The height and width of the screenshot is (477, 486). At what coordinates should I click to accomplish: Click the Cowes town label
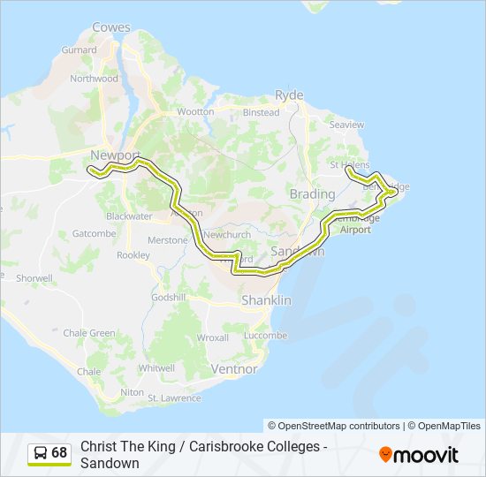(x=110, y=27)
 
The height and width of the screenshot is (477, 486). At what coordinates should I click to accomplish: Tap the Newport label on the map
(x=115, y=155)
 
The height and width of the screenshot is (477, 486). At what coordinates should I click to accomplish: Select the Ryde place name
(x=289, y=95)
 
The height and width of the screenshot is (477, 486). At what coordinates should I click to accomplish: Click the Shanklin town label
(x=266, y=301)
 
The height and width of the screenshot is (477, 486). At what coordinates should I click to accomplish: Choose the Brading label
(x=312, y=193)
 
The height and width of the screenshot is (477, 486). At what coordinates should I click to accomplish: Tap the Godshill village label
(x=168, y=297)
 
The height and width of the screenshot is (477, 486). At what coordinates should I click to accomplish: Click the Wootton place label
(x=195, y=112)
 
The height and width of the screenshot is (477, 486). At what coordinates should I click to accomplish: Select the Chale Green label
(x=89, y=333)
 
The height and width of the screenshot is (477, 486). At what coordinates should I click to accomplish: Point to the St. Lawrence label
(x=174, y=398)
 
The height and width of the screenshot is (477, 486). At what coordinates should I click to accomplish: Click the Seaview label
(x=346, y=125)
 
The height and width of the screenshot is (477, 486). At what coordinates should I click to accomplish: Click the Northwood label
(x=95, y=79)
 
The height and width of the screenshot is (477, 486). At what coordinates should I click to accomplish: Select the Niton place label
(x=132, y=391)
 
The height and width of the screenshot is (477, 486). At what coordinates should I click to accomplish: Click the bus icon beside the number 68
(x=40, y=453)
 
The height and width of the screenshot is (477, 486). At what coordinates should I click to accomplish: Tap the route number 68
(x=59, y=453)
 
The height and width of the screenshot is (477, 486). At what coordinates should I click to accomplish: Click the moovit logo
(x=419, y=455)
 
